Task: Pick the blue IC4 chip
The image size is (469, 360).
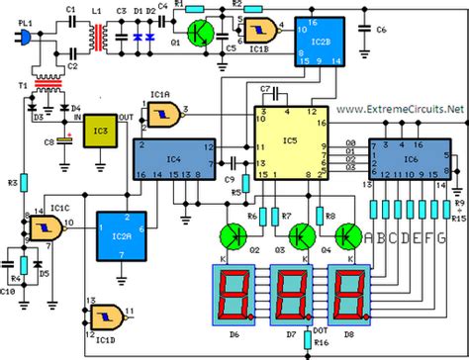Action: [172, 157]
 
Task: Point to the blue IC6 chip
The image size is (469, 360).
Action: [409, 157]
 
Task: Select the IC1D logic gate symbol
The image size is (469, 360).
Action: [103, 315]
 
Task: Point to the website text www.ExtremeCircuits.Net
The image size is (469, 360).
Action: [401, 106]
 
